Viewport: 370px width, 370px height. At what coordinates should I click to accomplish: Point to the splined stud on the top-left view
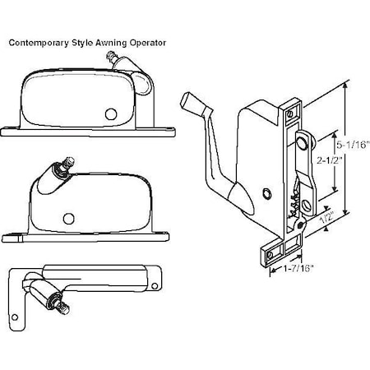[114, 58]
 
